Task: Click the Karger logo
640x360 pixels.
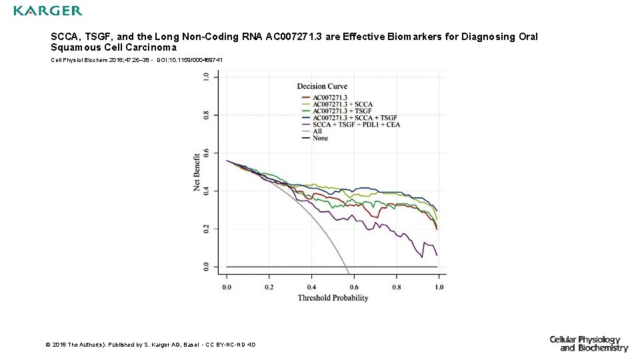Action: (x=48, y=11)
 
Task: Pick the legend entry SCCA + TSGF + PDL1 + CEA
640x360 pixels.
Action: (x=352, y=125)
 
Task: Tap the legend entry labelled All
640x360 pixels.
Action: (x=317, y=131)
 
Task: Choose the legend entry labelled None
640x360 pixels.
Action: (x=320, y=138)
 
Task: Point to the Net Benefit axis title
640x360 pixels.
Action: (x=197, y=171)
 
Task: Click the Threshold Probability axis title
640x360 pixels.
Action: (x=333, y=298)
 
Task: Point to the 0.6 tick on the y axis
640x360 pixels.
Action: (x=205, y=153)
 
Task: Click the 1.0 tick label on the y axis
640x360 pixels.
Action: (x=205, y=77)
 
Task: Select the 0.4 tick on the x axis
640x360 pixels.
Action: (x=311, y=287)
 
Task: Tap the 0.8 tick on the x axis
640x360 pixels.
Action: (x=396, y=287)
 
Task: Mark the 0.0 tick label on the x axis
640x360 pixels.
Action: (x=227, y=287)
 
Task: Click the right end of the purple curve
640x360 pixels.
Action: (x=437, y=255)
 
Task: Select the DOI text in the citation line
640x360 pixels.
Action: (x=189, y=60)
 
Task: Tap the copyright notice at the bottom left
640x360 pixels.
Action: (x=150, y=344)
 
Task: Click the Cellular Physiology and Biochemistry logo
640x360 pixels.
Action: (x=589, y=344)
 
